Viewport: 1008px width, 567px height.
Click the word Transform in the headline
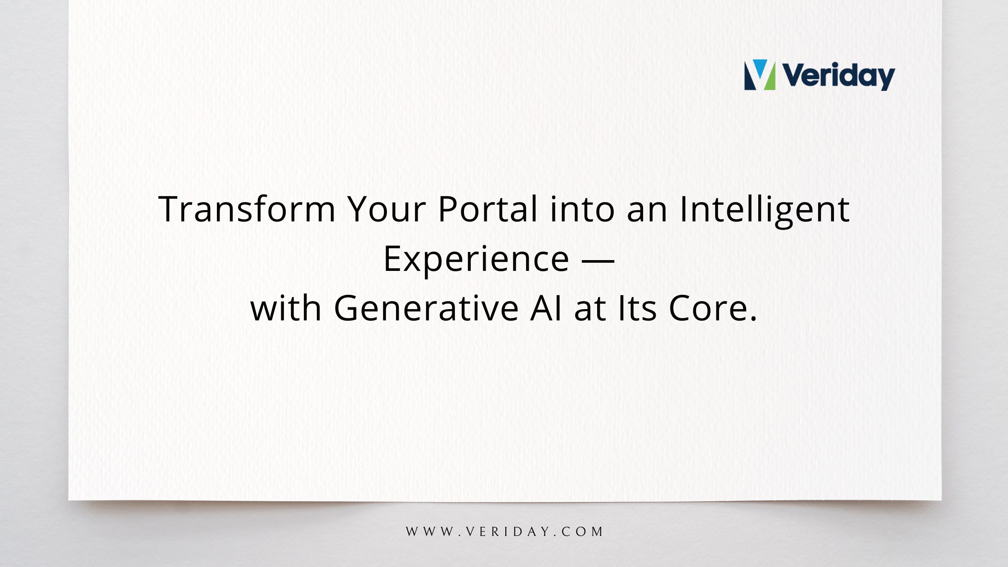(247, 209)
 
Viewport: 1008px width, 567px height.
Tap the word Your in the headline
(387, 209)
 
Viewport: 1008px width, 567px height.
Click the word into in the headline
(582, 209)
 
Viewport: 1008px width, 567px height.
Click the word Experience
(476, 260)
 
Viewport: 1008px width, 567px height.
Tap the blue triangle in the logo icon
(760, 66)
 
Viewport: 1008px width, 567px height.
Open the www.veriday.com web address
(504, 532)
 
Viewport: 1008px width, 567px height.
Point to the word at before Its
(590, 309)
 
